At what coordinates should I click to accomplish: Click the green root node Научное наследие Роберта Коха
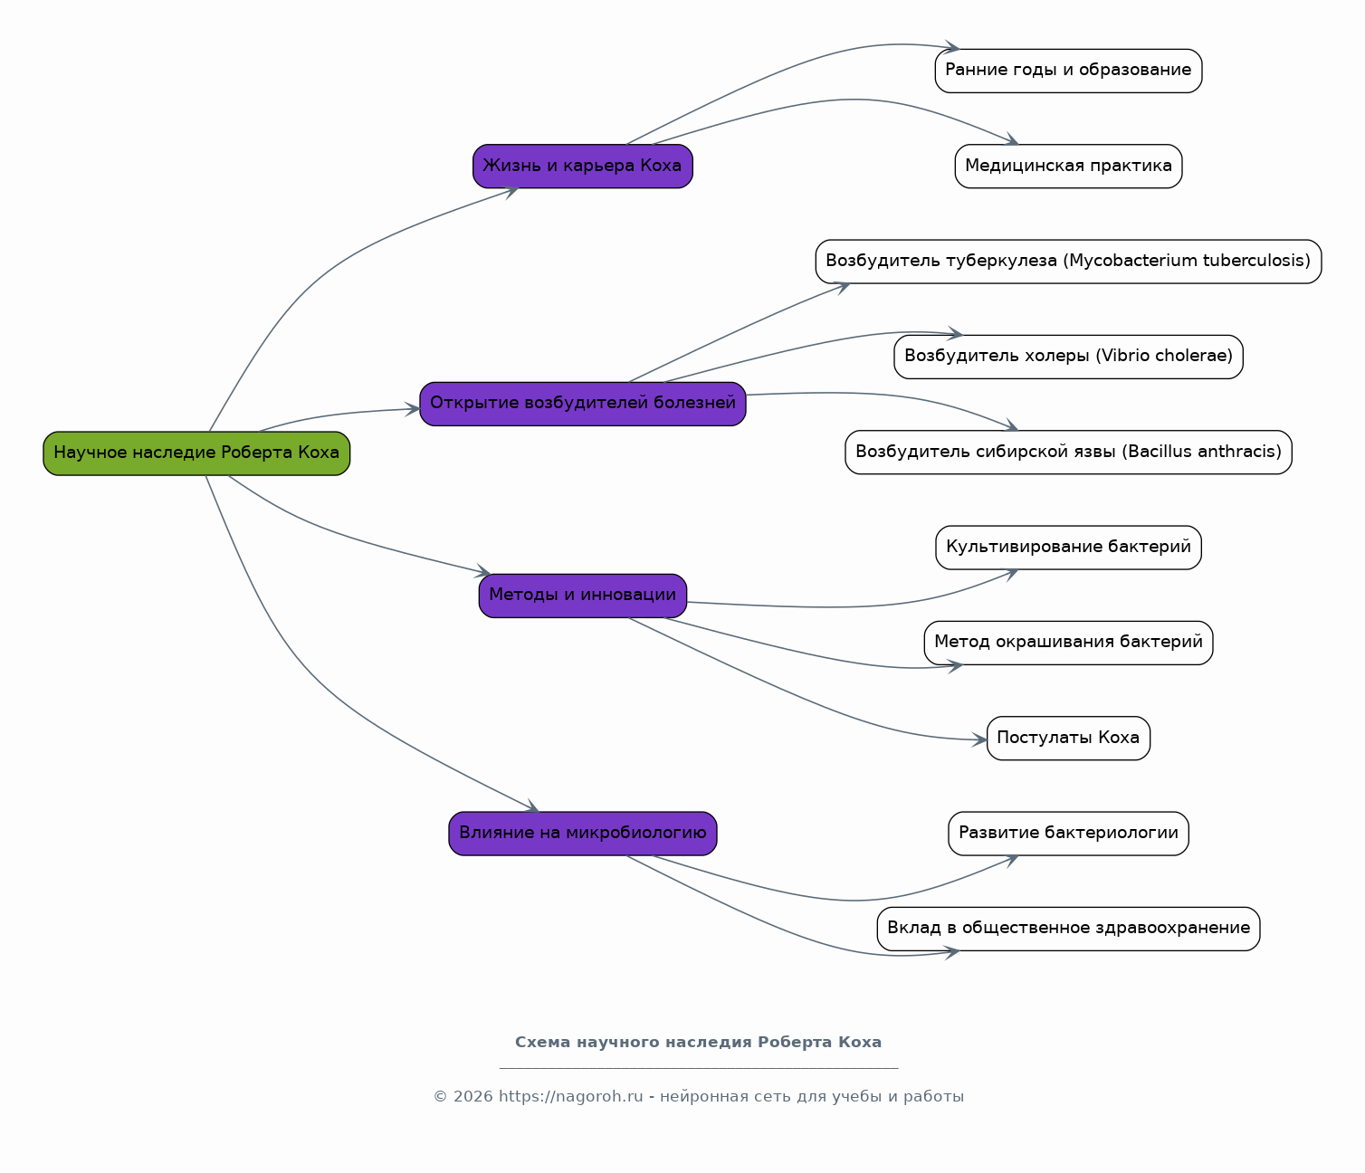pos(196,453)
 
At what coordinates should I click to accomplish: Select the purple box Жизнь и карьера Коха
pos(582,166)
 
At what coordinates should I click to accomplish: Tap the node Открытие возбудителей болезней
pos(582,404)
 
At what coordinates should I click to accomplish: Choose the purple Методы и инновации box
pos(582,596)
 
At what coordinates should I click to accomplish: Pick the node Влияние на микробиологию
pos(582,834)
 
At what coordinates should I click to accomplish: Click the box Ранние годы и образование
pos(1068,71)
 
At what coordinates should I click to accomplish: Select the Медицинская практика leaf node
pos(1068,166)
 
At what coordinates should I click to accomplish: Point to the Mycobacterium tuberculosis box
pos(1068,262)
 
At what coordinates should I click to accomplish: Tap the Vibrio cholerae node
pos(1068,357)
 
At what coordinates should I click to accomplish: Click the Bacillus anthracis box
pos(1068,452)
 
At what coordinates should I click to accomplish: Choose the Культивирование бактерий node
pos(1068,548)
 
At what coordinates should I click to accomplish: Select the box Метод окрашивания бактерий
pos(1068,643)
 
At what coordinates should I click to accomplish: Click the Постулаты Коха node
pos(1068,738)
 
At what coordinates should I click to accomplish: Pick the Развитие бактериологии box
pos(1068,834)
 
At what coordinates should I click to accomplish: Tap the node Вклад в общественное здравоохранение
pos(1068,929)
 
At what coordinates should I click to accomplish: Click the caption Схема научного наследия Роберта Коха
pos(698,1043)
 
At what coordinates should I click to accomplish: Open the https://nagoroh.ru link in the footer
pos(570,1097)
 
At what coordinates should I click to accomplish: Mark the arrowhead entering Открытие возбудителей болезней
pos(413,409)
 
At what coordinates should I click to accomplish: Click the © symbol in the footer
pos(441,1097)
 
